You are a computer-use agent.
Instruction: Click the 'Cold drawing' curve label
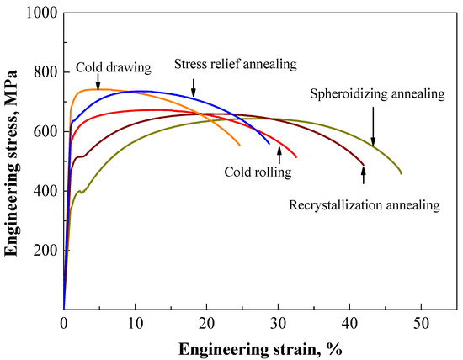[112, 67]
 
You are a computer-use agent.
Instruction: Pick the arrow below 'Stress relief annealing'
[194, 86]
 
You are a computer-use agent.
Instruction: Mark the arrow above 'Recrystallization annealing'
[364, 175]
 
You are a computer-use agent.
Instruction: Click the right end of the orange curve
[240, 146]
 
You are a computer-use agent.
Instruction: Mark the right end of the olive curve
[402, 173]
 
